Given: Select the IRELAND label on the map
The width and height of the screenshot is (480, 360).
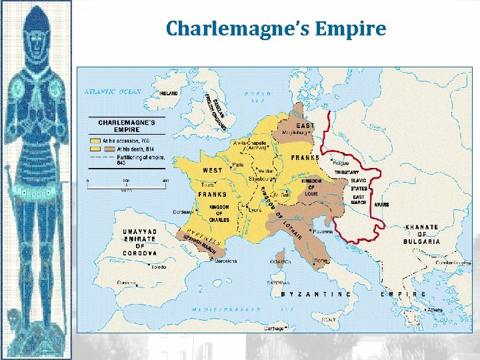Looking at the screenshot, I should coord(169,94).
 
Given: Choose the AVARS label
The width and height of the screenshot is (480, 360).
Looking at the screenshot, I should coord(382,205).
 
